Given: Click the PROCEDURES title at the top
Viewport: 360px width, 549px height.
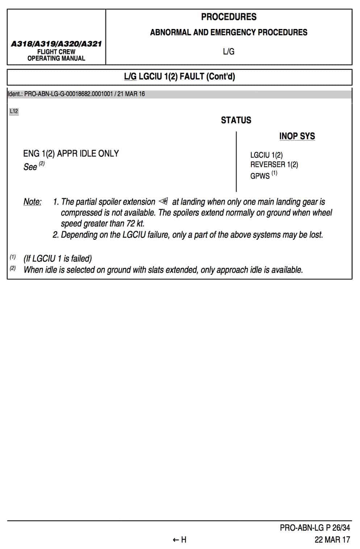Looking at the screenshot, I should click(x=229, y=17).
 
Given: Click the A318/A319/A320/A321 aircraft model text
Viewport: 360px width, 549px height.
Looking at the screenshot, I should click(x=56, y=44).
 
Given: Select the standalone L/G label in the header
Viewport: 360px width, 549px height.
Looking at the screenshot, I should click(x=229, y=52).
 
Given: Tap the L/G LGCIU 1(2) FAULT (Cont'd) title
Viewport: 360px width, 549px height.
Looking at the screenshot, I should click(x=179, y=77).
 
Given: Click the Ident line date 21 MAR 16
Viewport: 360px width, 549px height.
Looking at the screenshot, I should click(x=131, y=94).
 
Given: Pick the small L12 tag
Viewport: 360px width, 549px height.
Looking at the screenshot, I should click(x=14, y=112).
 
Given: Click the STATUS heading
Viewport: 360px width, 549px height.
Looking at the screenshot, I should click(x=236, y=120).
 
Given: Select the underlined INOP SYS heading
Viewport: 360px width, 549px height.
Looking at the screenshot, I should click(x=297, y=136).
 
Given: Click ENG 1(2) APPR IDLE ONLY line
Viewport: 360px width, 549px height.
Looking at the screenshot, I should click(x=71, y=154).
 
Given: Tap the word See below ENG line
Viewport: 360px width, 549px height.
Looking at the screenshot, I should click(x=30, y=167).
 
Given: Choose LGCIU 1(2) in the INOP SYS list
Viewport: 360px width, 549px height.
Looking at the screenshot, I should click(x=266, y=155).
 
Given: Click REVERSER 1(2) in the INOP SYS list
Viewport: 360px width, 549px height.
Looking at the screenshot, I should click(x=274, y=164).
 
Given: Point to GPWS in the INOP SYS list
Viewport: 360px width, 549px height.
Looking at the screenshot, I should click(x=260, y=176).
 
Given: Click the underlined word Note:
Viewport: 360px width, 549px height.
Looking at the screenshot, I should click(x=32, y=202).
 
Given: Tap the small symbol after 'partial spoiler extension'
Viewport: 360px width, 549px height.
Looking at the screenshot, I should click(x=163, y=201).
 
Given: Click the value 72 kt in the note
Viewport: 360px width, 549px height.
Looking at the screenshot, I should click(x=135, y=223).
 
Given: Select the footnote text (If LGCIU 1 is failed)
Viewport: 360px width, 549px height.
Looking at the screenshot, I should click(x=58, y=259).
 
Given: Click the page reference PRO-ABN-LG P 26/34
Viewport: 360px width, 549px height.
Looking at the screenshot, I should click(x=315, y=528).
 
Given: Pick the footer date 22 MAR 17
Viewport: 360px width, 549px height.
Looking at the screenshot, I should click(x=332, y=540).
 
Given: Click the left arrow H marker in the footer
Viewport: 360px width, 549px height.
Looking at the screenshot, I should click(x=179, y=540).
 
